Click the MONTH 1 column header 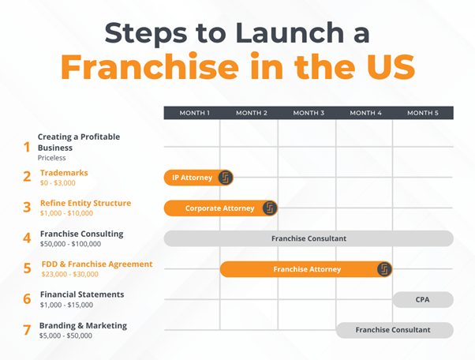click(x=194, y=113)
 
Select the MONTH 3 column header click(x=309, y=113)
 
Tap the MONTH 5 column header click(x=423, y=113)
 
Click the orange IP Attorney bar click(x=192, y=178)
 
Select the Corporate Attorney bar click(x=219, y=208)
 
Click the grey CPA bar click(x=423, y=300)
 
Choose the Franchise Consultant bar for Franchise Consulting click(x=309, y=238)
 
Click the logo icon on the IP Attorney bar click(x=225, y=178)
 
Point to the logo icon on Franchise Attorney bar click(x=384, y=269)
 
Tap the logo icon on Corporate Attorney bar click(x=269, y=208)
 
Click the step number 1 click(x=26, y=147)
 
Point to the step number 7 click(x=27, y=330)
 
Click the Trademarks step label click(x=64, y=173)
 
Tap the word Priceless click(x=53, y=158)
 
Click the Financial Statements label click(x=82, y=294)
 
